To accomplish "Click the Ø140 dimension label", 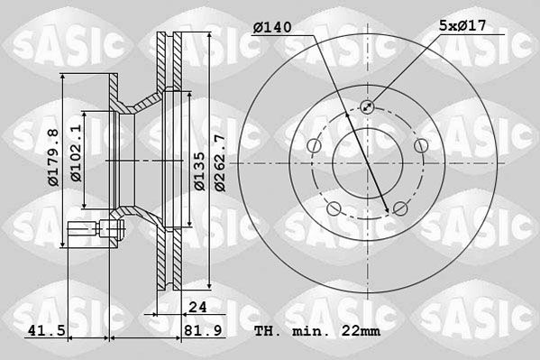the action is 272,27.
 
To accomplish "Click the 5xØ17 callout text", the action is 462,25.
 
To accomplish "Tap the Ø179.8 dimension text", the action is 54,157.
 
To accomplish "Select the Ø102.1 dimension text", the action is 77,152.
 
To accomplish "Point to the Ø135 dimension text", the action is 200,171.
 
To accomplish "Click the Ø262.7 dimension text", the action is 220,163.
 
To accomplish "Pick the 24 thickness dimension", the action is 198,307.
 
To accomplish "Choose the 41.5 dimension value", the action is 47,331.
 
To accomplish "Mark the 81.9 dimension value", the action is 203,331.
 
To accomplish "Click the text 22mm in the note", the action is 361,331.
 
